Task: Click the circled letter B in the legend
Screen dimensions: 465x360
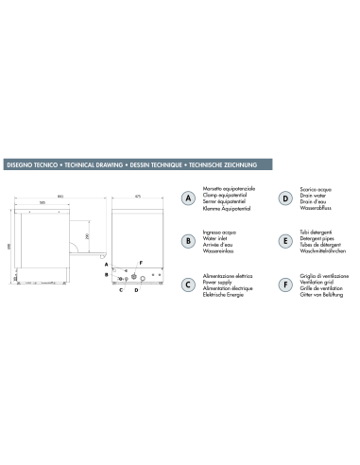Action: click(x=189, y=241)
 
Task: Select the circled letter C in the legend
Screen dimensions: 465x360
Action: click(x=189, y=283)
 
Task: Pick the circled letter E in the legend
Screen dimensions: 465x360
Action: click(x=283, y=241)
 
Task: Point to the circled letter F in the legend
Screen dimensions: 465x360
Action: click(x=283, y=283)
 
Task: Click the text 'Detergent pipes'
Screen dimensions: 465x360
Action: click(x=318, y=238)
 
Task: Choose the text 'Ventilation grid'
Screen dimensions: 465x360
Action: click(x=318, y=280)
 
